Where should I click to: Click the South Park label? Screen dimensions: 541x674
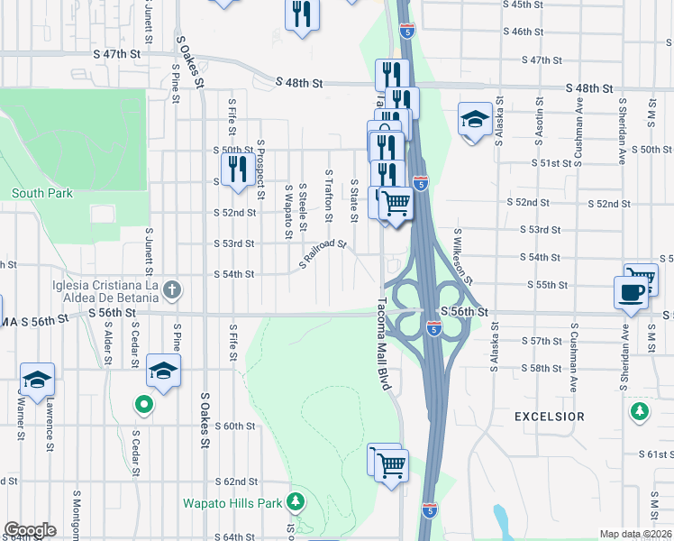(x=42, y=193)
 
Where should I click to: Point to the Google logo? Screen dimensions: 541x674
(x=30, y=530)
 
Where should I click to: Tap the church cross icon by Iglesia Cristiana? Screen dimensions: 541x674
(x=173, y=289)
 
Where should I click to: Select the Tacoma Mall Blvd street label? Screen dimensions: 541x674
(x=381, y=343)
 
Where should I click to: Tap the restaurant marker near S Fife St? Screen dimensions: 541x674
(x=237, y=170)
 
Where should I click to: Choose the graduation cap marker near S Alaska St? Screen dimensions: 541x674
(x=475, y=119)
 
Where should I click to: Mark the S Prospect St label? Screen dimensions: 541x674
(x=260, y=169)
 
